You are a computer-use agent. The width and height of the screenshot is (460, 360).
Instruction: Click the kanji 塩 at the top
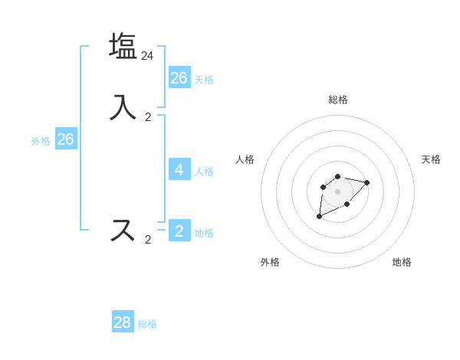click(x=123, y=45)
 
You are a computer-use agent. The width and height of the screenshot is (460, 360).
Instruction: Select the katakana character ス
click(x=123, y=229)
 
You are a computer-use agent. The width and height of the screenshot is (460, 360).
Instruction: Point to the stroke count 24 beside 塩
click(x=148, y=56)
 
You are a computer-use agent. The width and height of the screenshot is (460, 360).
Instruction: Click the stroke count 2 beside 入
click(x=148, y=117)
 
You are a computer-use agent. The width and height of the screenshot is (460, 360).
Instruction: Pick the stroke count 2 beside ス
click(x=148, y=240)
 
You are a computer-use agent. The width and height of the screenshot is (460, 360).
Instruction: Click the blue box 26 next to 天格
click(x=179, y=77)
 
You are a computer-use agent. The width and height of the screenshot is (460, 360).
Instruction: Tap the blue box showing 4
click(x=179, y=169)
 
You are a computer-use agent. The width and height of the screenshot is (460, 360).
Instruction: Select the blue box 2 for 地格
click(x=179, y=231)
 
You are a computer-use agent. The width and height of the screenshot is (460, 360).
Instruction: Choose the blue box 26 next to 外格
click(x=66, y=139)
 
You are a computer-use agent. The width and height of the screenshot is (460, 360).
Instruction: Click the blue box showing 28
click(x=123, y=322)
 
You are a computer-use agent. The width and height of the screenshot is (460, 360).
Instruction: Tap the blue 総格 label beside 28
click(x=147, y=324)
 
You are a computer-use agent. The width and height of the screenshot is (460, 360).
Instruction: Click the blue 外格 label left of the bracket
click(x=41, y=141)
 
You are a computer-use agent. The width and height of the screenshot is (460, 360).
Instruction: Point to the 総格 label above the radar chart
click(x=338, y=100)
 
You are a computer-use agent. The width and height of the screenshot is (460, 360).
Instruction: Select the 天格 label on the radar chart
click(x=432, y=159)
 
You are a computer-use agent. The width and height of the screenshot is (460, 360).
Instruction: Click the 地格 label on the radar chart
click(x=402, y=262)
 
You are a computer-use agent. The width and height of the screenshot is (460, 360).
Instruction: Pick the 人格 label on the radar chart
click(x=245, y=159)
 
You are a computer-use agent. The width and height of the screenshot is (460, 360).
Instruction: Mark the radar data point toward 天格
click(x=367, y=182)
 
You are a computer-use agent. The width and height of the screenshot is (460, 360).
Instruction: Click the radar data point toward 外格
click(x=319, y=217)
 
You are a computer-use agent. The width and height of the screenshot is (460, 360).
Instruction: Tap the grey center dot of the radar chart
click(x=338, y=191)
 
